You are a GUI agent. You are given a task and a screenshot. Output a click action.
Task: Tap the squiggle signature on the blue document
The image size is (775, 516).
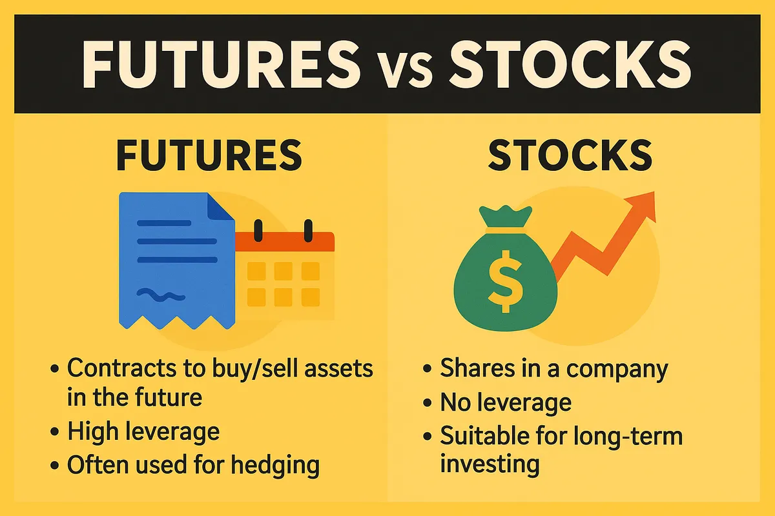tap(158, 295)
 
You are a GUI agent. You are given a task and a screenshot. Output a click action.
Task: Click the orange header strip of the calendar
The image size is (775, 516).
tap(284, 242)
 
